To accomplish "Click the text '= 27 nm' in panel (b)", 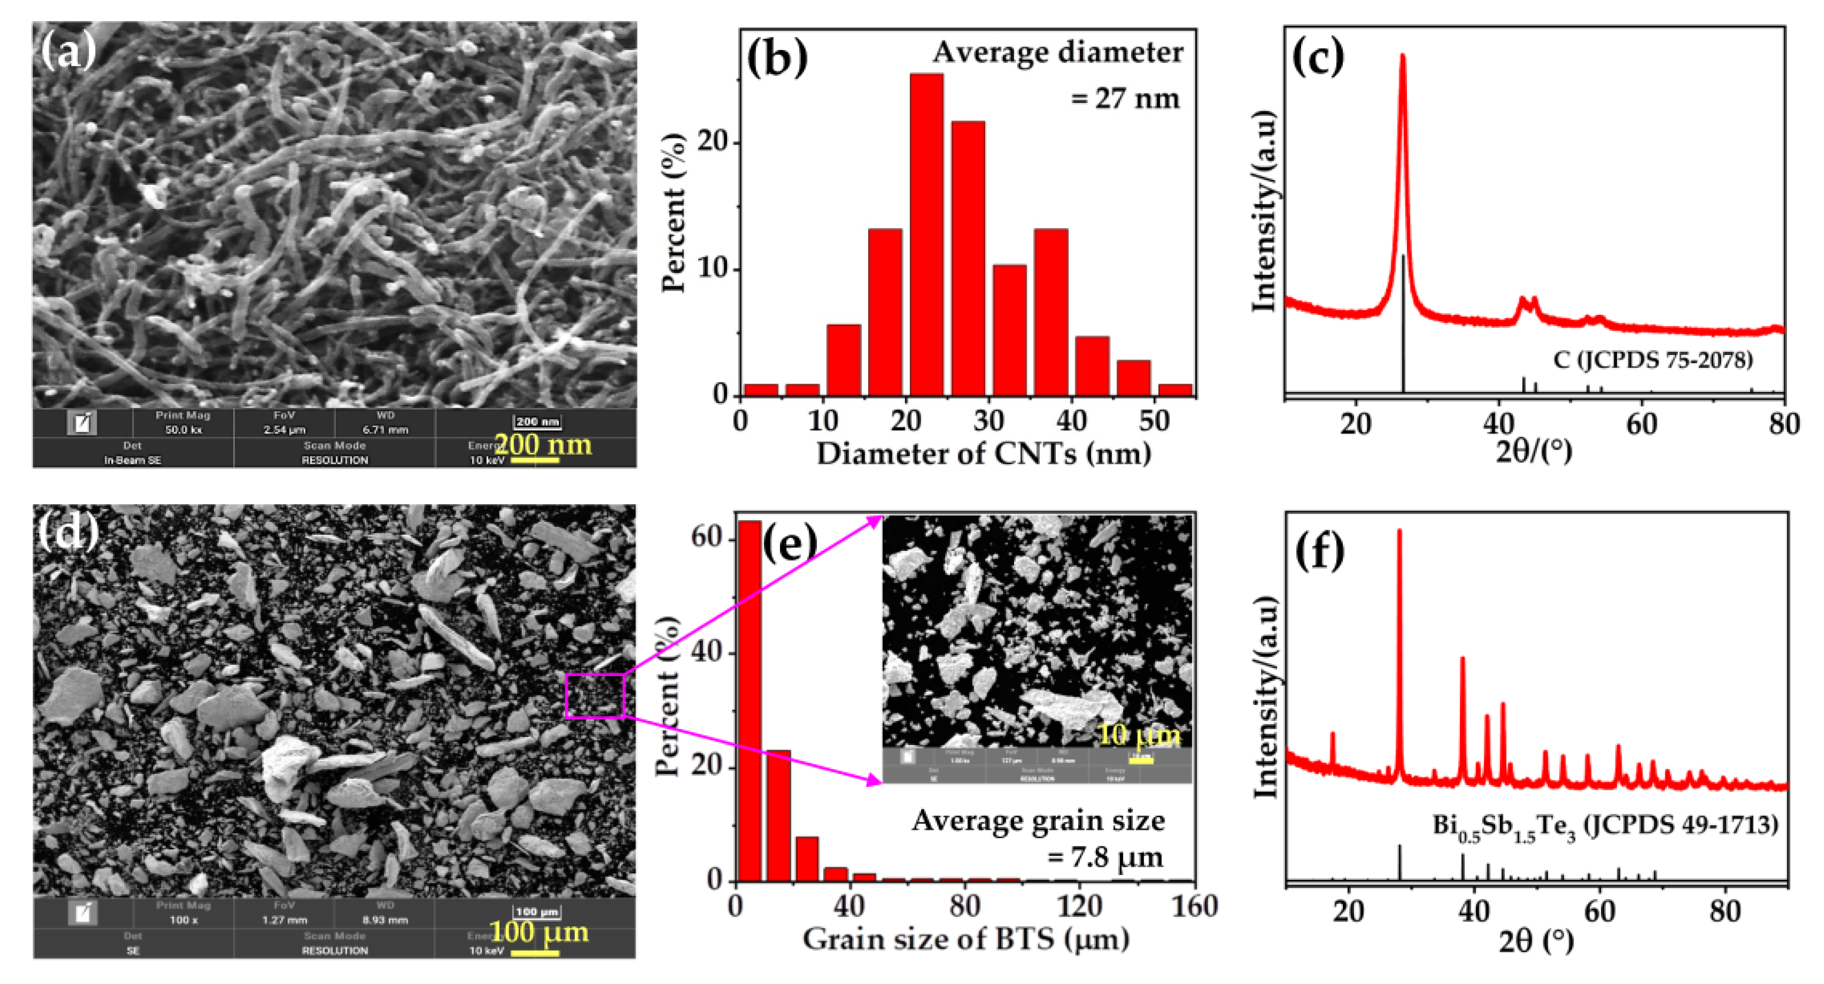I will point(1125,98).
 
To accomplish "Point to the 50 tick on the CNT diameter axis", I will point(1154,422).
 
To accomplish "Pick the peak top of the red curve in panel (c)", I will point(1403,56).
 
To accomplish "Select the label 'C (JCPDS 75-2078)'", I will point(1653,360).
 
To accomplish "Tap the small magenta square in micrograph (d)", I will point(595,696).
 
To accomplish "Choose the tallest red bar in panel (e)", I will point(750,702).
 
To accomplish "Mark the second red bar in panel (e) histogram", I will point(779,815).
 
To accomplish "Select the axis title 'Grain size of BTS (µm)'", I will point(966,939).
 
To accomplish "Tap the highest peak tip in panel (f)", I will point(1399,531).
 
